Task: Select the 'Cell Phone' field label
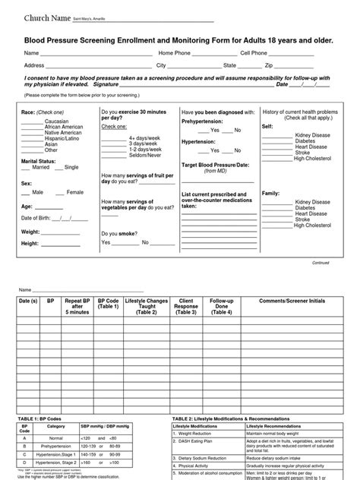(254, 54)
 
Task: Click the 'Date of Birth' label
(40, 219)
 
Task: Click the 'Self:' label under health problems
(267, 126)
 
